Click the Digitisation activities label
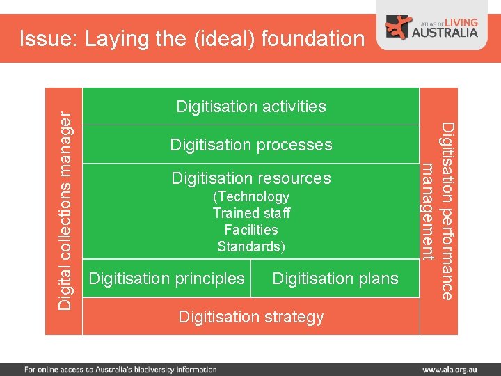(x=251, y=107)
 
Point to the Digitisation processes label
(x=251, y=145)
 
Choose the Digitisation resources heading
(x=251, y=178)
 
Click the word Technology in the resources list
(x=251, y=197)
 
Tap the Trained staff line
(x=251, y=213)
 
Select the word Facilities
(x=251, y=230)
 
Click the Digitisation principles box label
(x=167, y=279)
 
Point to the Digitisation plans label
(x=335, y=279)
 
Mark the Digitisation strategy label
(x=251, y=317)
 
